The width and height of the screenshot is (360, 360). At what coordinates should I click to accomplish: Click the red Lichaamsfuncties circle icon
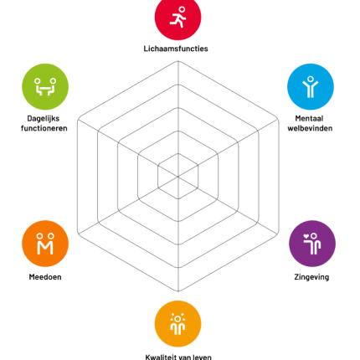(x=177, y=18)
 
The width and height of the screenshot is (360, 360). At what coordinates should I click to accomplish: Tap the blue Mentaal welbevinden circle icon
(x=311, y=87)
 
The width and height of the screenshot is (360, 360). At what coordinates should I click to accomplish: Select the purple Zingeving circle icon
(x=312, y=244)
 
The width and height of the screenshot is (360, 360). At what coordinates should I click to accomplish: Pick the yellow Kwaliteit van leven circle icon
(x=177, y=324)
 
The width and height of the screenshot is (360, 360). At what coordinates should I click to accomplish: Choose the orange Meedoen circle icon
(x=45, y=244)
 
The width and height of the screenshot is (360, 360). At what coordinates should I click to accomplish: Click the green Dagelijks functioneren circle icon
(x=45, y=87)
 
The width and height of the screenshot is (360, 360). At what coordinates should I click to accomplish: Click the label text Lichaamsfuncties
(x=176, y=49)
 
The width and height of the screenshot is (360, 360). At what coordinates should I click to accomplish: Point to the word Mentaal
(x=309, y=118)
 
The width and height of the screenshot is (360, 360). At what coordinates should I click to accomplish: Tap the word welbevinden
(x=310, y=128)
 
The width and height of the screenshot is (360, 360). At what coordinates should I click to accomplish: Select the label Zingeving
(x=311, y=277)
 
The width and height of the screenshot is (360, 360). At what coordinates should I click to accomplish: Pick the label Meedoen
(x=45, y=277)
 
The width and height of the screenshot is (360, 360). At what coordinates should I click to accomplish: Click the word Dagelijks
(x=44, y=119)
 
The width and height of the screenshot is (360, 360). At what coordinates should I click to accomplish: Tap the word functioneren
(x=44, y=128)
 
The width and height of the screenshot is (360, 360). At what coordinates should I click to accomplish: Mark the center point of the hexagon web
(x=178, y=177)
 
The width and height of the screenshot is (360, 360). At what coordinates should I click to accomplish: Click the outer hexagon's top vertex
(x=178, y=61)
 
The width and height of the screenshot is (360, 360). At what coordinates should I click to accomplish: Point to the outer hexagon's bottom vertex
(x=178, y=291)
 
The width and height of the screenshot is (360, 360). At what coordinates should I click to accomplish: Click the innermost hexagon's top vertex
(x=178, y=153)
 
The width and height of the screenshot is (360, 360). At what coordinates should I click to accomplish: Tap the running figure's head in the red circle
(x=182, y=10)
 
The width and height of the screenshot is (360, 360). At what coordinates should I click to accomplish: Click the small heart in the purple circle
(x=306, y=236)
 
